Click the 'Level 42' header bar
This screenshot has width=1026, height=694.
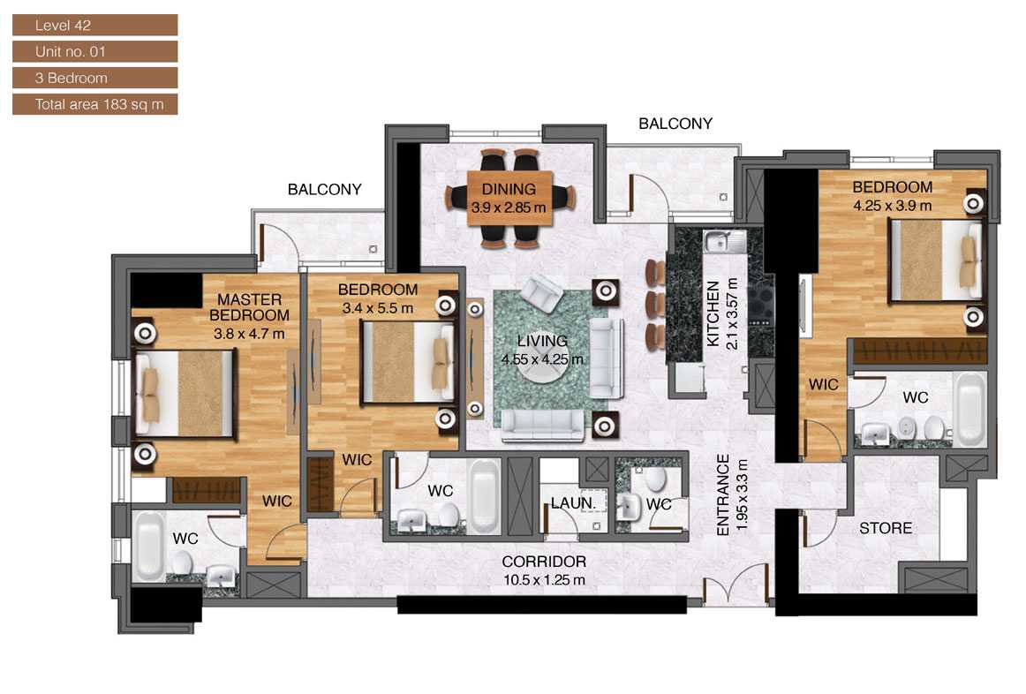[x=94, y=26]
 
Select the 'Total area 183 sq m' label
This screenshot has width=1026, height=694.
[x=94, y=104]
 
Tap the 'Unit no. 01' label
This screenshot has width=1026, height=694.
[x=94, y=51]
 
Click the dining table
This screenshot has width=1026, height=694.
[x=509, y=200]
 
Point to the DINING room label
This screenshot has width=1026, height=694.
[x=509, y=189]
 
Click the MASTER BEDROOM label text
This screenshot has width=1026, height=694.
[x=249, y=307]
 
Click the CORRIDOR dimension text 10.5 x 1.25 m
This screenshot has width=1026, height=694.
[x=544, y=580]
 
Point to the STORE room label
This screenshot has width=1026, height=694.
[x=886, y=529]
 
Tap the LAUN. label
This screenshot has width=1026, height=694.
[x=567, y=503]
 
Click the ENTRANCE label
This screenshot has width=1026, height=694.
[x=723, y=494]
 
